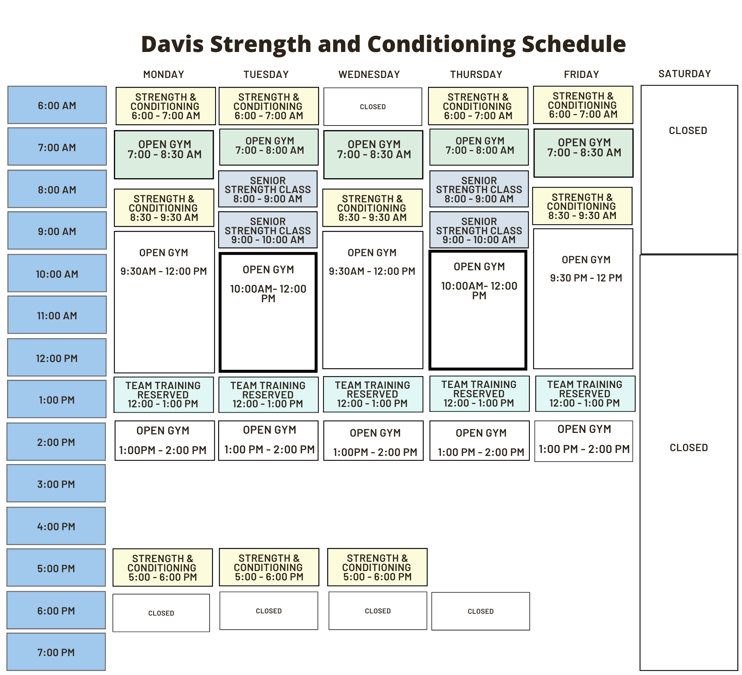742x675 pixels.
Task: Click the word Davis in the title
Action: click(x=173, y=44)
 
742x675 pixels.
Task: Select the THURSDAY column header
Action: click(x=476, y=75)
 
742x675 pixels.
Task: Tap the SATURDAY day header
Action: click(x=684, y=74)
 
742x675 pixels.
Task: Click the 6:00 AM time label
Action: click(x=57, y=105)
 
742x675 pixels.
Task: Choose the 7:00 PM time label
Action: click(x=56, y=652)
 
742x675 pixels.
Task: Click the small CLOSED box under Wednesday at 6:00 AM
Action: click(x=373, y=107)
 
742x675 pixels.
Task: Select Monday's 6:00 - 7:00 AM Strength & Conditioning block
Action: click(x=165, y=106)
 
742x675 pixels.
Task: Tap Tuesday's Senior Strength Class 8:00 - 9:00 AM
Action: click(x=268, y=189)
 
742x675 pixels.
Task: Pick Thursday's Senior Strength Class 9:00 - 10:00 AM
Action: click(x=479, y=230)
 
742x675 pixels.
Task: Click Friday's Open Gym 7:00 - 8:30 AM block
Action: click(x=584, y=153)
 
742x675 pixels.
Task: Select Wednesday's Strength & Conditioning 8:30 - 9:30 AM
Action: click(x=372, y=208)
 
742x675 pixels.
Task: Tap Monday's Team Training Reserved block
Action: click(x=164, y=395)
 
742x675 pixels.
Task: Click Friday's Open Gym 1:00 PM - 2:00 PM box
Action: click(x=584, y=441)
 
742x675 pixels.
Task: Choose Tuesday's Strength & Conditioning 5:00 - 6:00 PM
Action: click(x=269, y=567)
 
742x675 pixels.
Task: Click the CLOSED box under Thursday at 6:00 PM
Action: click(x=481, y=611)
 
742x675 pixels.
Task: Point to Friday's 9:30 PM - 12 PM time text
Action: click(x=586, y=278)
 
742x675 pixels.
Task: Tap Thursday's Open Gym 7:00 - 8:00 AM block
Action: click(x=479, y=147)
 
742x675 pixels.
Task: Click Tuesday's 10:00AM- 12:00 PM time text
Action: click(x=268, y=294)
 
